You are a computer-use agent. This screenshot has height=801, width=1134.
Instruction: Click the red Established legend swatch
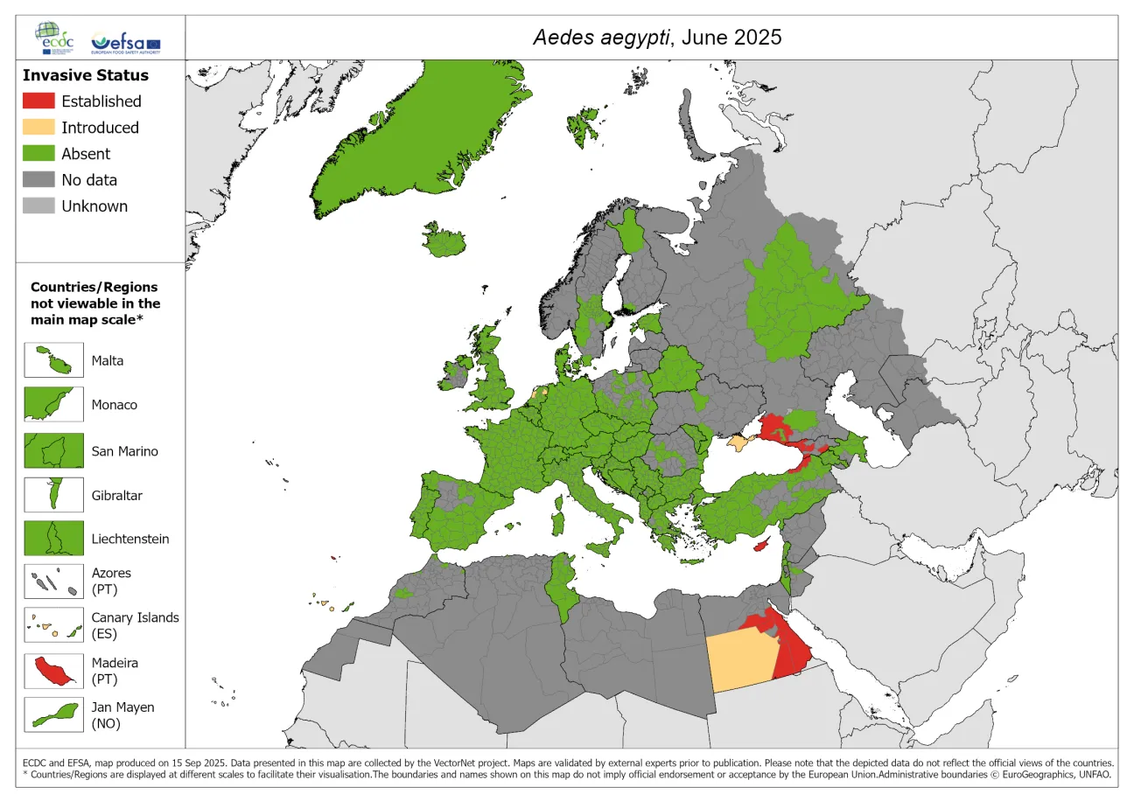[x=38, y=101]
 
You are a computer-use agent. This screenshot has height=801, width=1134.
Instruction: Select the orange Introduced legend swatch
[x=38, y=128]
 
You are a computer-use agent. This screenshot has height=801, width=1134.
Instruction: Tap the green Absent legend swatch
[x=38, y=154]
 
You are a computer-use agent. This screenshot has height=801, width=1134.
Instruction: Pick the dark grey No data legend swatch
[x=38, y=180]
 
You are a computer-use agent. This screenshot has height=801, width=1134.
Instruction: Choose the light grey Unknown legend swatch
[x=38, y=206]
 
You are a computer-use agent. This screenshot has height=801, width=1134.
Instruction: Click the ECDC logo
[x=55, y=38]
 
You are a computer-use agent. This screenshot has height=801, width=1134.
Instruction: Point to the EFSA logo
[x=126, y=42]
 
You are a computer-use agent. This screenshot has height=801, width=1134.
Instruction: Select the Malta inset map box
[x=53, y=360]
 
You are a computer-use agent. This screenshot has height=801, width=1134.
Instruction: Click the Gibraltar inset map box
[x=53, y=495]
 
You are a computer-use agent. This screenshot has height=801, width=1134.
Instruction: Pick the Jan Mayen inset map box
[x=53, y=714]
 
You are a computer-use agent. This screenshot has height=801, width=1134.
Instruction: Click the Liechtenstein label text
[x=130, y=539]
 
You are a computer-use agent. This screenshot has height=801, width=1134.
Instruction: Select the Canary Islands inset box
[x=53, y=625]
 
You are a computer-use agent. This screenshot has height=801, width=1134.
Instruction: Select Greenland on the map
[x=411, y=131]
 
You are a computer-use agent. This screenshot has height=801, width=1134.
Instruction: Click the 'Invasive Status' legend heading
[x=86, y=75]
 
